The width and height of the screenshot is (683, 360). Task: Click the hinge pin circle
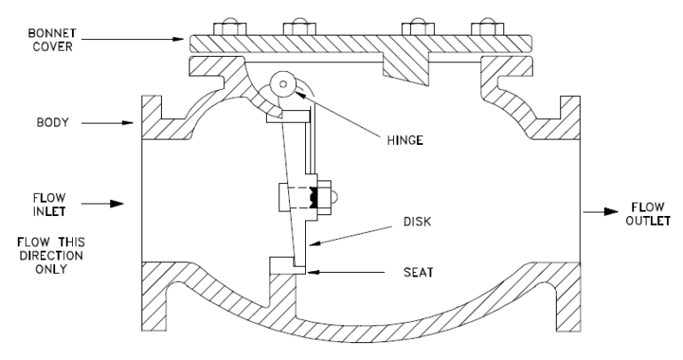(284, 84)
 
